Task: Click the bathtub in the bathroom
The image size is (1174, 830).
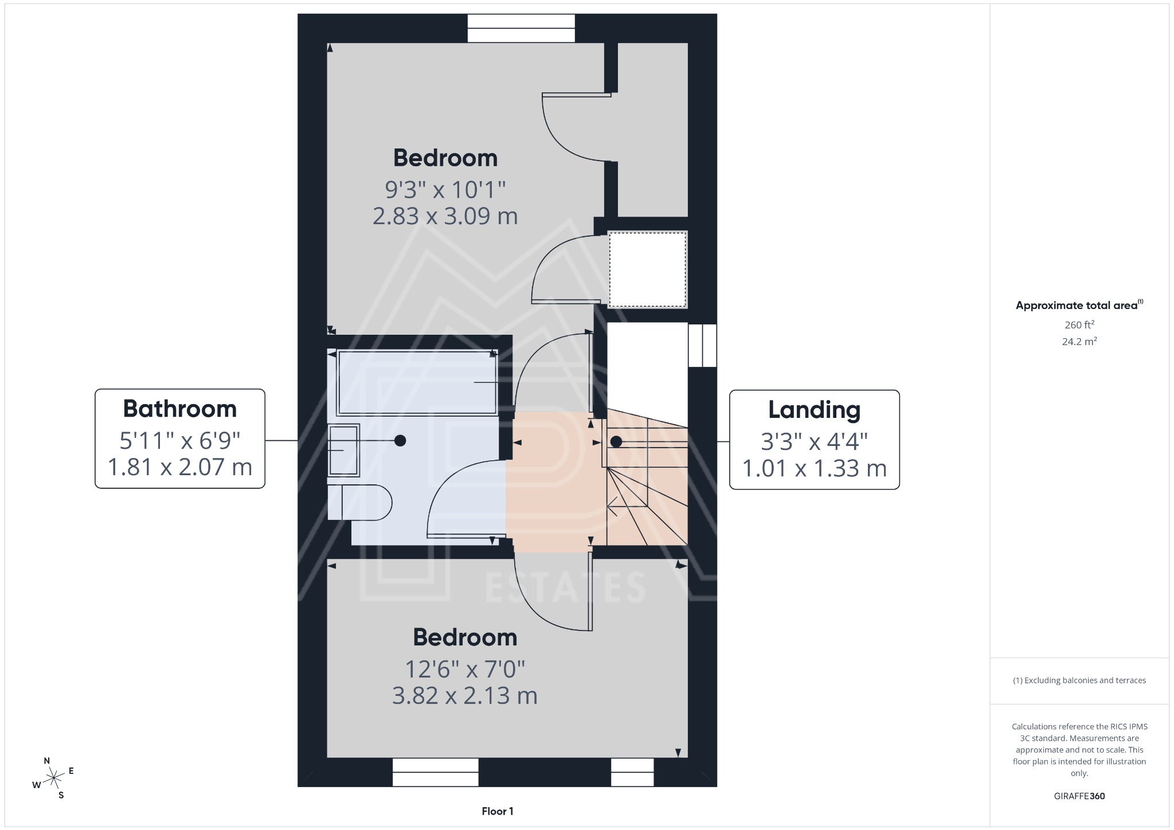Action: click(x=417, y=382)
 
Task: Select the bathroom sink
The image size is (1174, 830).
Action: click(x=343, y=451)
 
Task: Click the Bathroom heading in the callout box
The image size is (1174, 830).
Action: click(x=179, y=409)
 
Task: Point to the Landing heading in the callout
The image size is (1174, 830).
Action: click(x=814, y=410)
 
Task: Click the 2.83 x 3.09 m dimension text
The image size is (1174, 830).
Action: click(x=445, y=217)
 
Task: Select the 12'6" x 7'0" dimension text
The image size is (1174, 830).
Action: click(x=465, y=668)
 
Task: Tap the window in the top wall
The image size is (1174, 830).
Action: click(x=521, y=28)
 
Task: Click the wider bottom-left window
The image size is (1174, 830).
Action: click(x=435, y=772)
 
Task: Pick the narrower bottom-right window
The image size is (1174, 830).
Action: click(x=632, y=772)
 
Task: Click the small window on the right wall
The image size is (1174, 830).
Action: click(x=702, y=346)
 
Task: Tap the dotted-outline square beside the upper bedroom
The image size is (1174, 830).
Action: click(x=647, y=269)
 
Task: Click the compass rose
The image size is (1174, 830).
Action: click(x=54, y=778)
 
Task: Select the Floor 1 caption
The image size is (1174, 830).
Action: click(x=497, y=811)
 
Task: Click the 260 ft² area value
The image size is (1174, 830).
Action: click(x=1079, y=325)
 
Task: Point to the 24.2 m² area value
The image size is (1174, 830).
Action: click(x=1079, y=342)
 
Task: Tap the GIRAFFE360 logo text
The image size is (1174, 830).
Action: click(x=1079, y=796)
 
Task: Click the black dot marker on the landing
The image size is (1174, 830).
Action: click(x=616, y=442)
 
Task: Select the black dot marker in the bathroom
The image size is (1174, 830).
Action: click(x=400, y=440)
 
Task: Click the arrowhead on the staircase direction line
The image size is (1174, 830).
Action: click(x=610, y=506)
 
